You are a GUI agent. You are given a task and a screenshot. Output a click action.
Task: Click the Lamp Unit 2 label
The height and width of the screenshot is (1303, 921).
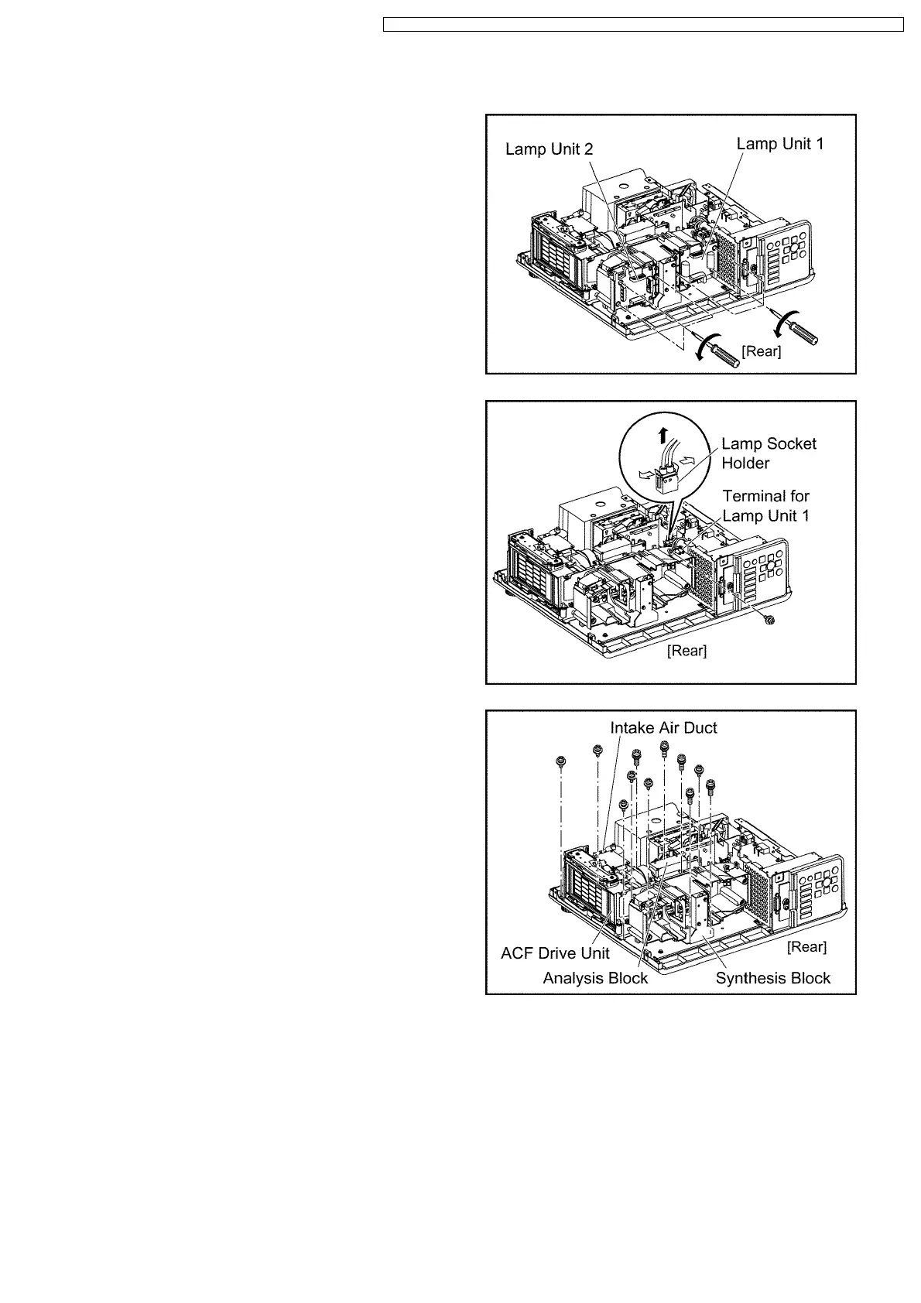pos(549,149)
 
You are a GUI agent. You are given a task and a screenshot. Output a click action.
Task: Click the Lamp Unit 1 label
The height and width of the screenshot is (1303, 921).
pos(779,144)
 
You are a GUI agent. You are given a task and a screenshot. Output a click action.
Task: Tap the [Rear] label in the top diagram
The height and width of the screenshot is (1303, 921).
pos(762,351)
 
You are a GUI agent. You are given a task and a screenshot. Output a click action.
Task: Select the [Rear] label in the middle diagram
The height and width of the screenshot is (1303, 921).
pos(686,651)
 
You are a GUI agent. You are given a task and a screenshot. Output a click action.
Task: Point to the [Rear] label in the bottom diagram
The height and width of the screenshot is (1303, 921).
pos(806,947)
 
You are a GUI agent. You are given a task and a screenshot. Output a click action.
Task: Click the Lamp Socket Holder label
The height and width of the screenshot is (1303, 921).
pos(768,453)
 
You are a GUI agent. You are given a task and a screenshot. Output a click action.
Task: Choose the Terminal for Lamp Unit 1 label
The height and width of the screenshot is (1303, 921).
pos(765,506)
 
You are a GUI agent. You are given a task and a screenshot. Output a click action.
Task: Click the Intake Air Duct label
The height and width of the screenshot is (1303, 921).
pos(663,728)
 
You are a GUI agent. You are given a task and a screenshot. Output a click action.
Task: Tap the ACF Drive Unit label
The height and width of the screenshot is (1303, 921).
pos(555,953)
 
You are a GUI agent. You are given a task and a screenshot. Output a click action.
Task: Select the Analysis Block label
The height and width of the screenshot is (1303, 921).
pos(595,978)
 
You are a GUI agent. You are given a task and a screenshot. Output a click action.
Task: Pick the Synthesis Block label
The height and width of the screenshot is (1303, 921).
pos(772,978)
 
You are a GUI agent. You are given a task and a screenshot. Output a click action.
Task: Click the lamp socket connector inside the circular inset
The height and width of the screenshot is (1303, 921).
pos(666,480)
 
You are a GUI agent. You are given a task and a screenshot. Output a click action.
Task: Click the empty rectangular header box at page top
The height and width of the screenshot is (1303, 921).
pos(643,25)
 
